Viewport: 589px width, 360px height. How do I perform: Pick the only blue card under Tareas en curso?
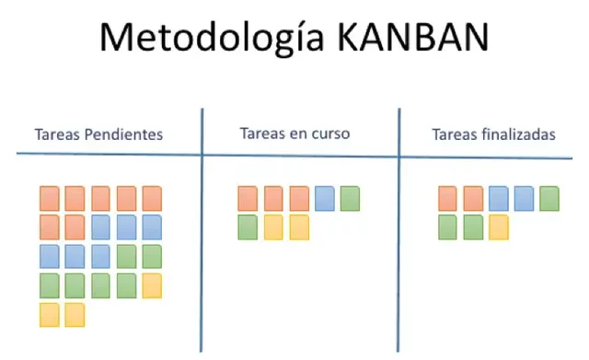[324, 198]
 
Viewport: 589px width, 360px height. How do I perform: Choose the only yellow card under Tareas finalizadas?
[498, 226]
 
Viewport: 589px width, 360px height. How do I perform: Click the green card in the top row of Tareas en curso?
[350, 198]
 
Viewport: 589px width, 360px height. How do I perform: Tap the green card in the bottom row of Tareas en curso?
[248, 226]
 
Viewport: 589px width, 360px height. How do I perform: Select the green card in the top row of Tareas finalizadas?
[549, 198]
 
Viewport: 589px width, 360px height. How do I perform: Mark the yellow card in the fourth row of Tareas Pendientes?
[152, 285]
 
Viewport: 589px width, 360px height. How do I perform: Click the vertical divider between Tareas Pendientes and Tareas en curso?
[202, 230]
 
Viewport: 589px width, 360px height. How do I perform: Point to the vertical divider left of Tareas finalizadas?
[399, 230]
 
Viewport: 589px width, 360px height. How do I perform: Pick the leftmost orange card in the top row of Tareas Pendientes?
[50, 198]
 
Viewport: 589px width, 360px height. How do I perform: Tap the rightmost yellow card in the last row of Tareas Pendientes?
[75, 315]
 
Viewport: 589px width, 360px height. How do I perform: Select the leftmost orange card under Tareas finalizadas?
[448, 198]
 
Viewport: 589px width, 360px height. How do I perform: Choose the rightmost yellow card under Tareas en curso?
[298, 226]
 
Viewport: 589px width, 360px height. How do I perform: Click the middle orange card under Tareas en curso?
[273, 198]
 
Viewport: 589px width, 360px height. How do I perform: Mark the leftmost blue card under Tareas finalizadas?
[498, 198]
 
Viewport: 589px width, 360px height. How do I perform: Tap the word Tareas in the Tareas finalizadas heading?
[454, 134]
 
